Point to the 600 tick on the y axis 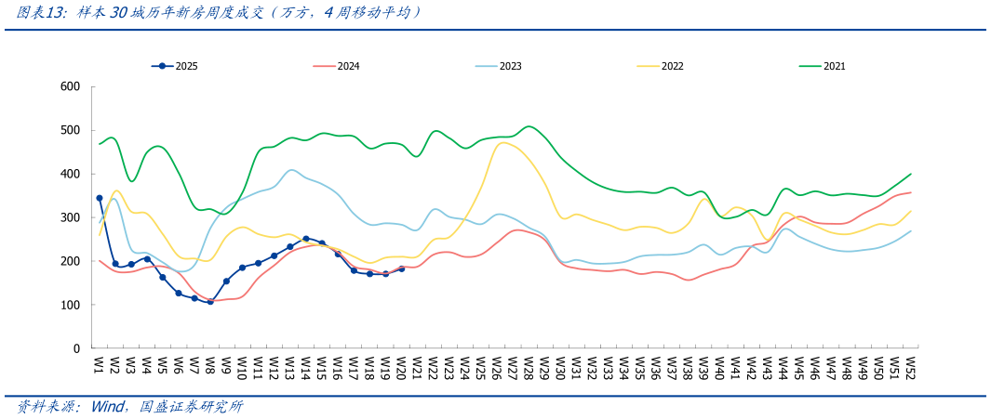click(71, 86)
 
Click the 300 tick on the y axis click(71, 217)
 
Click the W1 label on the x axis click(97, 364)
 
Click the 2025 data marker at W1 click(100, 198)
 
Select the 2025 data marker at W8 click(210, 301)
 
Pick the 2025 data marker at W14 click(306, 239)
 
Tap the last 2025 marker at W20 click(402, 268)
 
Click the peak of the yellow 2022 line click(503, 142)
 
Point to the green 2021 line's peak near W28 click(529, 126)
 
